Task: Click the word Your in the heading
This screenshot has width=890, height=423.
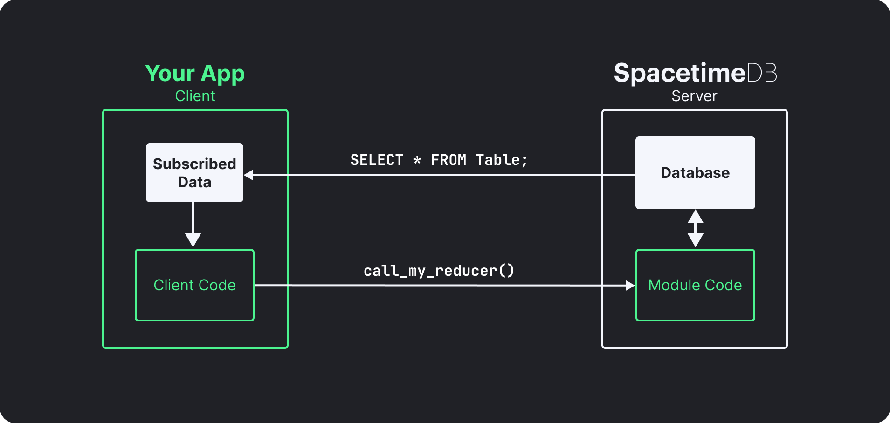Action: (x=170, y=74)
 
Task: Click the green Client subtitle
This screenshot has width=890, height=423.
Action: (x=195, y=96)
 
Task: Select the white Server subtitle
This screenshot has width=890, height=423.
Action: (x=694, y=96)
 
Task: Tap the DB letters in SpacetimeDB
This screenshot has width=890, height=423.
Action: (x=762, y=73)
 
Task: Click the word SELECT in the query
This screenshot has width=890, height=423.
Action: (x=377, y=160)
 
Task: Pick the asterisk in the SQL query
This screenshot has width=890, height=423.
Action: (x=417, y=160)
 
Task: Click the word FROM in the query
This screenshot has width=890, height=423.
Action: (x=448, y=160)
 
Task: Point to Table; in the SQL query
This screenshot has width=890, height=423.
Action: (x=502, y=160)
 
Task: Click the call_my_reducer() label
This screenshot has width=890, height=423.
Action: (x=439, y=271)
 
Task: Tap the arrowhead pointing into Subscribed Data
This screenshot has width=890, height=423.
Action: (x=249, y=175)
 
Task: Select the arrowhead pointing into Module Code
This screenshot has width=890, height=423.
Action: (x=629, y=286)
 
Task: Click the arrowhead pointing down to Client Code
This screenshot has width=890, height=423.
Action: (x=193, y=240)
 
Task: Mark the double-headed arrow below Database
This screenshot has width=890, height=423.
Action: (x=695, y=228)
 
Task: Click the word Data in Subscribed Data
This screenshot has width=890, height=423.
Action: (x=194, y=182)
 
